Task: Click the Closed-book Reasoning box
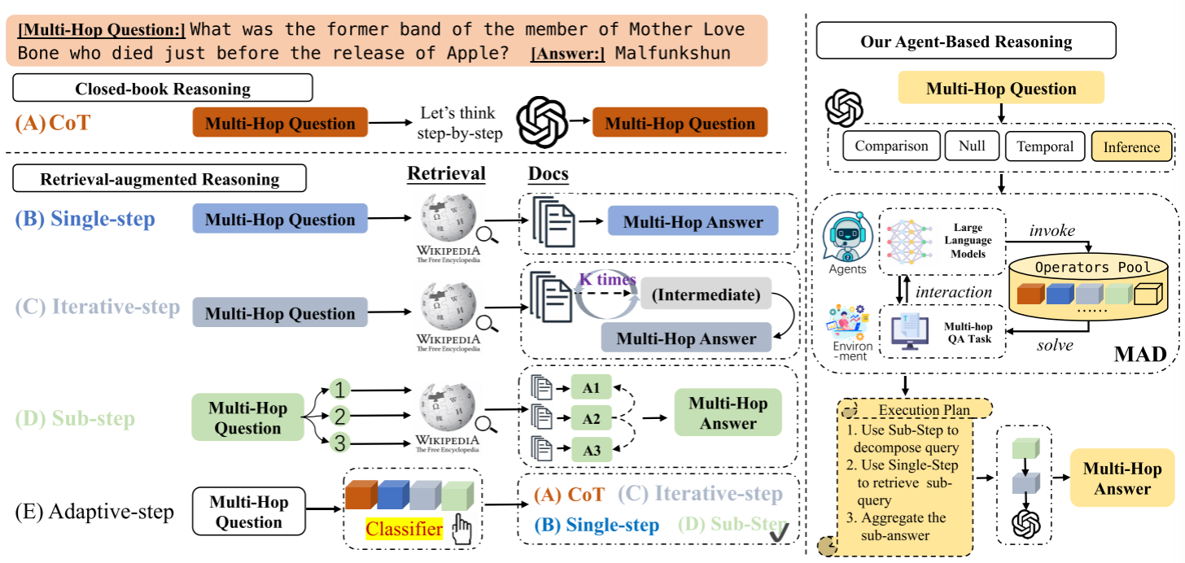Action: [x=163, y=88]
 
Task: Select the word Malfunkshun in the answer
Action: [x=673, y=54]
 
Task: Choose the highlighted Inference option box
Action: [x=1131, y=147]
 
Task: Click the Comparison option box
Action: [x=891, y=146]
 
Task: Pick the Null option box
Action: [x=972, y=146]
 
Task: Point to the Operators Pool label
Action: [x=1093, y=267]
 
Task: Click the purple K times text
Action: [x=607, y=279]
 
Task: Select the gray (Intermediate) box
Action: [x=705, y=295]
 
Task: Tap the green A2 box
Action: [x=592, y=419]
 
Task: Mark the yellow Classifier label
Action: [x=404, y=530]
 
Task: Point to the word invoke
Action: [x=1052, y=231]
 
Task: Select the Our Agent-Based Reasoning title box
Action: [x=966, y=41]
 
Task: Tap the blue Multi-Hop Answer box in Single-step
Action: [x=693, y=222]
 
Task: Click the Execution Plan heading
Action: [x=924, y=410]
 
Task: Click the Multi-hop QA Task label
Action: [x=968, y=333]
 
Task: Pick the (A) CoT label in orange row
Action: [x=53, y=124]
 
